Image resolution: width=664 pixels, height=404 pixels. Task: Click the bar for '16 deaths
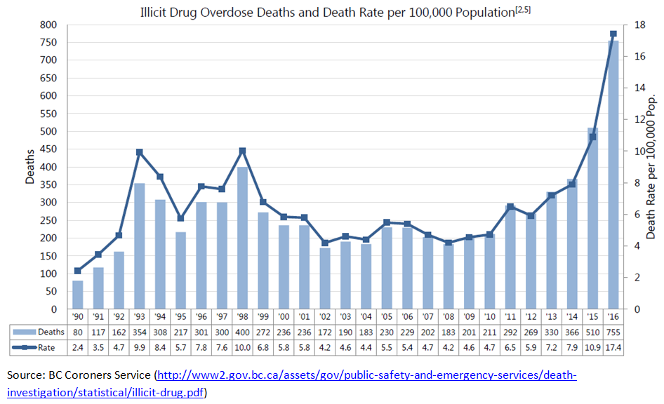click(613, 175)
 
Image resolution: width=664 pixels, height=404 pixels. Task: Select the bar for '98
click(242, 238)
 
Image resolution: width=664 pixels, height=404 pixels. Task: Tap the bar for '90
click(77, 295)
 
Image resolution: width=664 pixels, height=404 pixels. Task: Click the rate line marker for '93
click(139, 152)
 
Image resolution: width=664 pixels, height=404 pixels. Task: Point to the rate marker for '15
click(592, 137)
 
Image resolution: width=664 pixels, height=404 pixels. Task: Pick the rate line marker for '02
click(325, 243)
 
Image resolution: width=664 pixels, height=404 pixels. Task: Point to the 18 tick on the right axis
click(639, 25)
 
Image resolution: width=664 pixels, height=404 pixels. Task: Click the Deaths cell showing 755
click(613, 332)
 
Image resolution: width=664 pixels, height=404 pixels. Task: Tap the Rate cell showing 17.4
click(613, 346)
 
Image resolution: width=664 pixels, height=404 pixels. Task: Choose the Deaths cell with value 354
click(139, 332)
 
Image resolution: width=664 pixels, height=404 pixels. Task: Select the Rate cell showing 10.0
click(242, 346)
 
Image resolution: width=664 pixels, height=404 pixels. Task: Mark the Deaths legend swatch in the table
click(22, 332)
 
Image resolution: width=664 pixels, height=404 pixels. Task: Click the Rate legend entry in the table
click(32, 346)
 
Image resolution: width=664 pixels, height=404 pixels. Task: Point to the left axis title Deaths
click(29, 168)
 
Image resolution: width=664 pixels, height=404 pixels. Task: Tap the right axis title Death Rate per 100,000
click(651, 167)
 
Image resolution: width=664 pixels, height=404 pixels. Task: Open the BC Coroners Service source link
click(365, 375)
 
